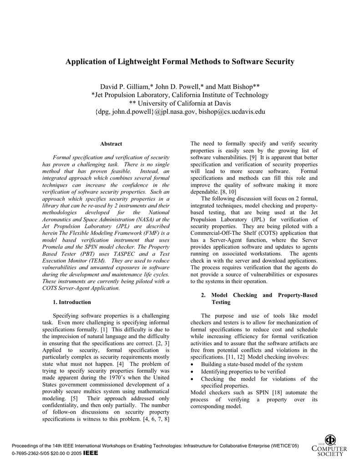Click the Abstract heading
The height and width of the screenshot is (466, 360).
111,144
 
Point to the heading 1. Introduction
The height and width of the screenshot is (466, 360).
72,302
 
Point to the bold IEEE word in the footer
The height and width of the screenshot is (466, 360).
91,453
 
